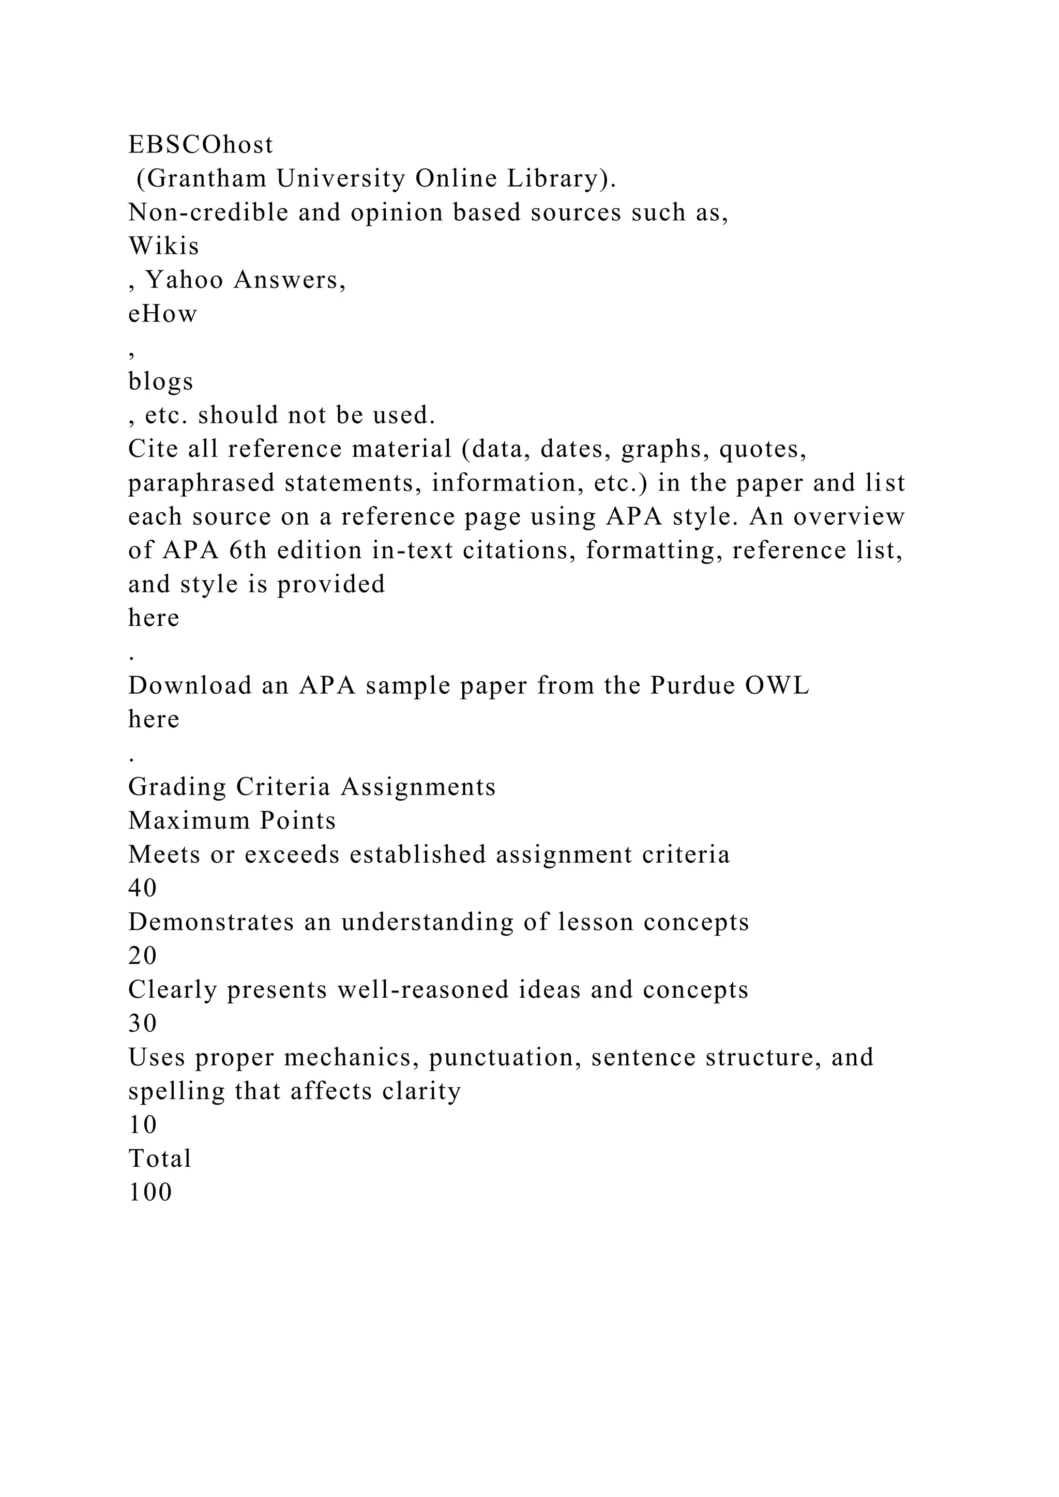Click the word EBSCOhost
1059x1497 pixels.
pos(201,145)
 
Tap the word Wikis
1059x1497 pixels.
pos(164,247)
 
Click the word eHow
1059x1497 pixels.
pos(162,314)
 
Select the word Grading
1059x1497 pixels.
pos(177,787)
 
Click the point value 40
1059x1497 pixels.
pos(143,889)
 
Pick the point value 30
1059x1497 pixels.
pos(143,1024)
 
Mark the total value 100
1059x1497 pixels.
pos(150,1193)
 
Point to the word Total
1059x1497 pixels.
pos(160,1158)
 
